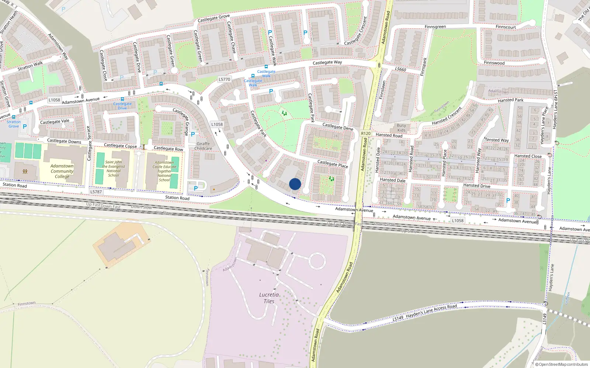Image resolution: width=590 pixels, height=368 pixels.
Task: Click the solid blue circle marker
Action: [x=295, y=184]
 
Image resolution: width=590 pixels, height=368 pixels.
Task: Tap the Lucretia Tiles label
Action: [x=269, y=298]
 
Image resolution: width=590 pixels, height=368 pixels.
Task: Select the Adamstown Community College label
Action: [x=62, y=171]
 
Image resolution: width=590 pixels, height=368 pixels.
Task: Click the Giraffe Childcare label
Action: [x=203, y=146]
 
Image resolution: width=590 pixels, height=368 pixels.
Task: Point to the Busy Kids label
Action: [x=401, y=128]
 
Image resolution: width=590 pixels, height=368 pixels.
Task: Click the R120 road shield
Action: [x=366, y=134]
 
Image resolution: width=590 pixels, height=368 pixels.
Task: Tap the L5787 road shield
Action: [x=96, y=192]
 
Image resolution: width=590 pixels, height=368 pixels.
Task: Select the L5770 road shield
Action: [x=224, y=79]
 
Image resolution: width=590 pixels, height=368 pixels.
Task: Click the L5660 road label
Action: [x=400, y=69]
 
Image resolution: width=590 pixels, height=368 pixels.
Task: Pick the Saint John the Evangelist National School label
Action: [x=114, y=169]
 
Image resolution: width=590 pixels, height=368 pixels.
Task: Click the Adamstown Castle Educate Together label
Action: [x=164, y=171]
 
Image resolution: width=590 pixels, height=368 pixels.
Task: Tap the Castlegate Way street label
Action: [x=327, y=63]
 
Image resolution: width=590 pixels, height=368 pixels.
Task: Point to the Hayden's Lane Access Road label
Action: [x=431, y=311]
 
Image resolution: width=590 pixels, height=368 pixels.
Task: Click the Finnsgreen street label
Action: [x=435, y=27]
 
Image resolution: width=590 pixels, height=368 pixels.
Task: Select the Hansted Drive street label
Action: [x=476, y=185]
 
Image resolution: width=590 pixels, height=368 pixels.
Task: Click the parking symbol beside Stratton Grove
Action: [x=25, y=127]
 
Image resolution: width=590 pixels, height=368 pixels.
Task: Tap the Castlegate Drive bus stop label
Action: [x=122, y=106]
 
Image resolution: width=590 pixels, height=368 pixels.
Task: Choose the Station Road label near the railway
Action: [x=177, y=198]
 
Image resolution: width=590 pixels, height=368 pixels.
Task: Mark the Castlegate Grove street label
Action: [x=214, y=18]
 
